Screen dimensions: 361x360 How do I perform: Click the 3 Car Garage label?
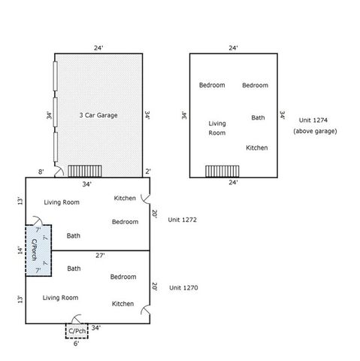[x=99, y=116]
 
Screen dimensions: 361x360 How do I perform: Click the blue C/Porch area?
[x=38, y=249]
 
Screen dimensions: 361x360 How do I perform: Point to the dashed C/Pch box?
[x=77, y=330]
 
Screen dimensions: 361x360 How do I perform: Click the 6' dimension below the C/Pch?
[x=77, y=344]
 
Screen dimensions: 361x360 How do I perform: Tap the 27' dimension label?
[x=101, y=256]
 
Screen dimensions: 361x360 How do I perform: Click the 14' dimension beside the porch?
[x=19, y=249]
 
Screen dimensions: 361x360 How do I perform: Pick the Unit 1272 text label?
[x=183, y=219]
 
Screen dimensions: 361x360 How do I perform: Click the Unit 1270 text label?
[x=183, y=287]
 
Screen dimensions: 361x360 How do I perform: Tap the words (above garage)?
[x=315, y=131]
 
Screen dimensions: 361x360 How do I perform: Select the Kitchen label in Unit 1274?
[x=257, y=147]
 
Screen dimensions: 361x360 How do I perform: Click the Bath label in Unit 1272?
[x=74, y=235]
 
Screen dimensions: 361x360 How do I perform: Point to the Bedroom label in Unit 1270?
[x=123, y=277]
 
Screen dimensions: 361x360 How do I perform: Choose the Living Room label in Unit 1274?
[x=217, y=128]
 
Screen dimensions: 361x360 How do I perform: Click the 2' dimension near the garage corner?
[x=149, y=171]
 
